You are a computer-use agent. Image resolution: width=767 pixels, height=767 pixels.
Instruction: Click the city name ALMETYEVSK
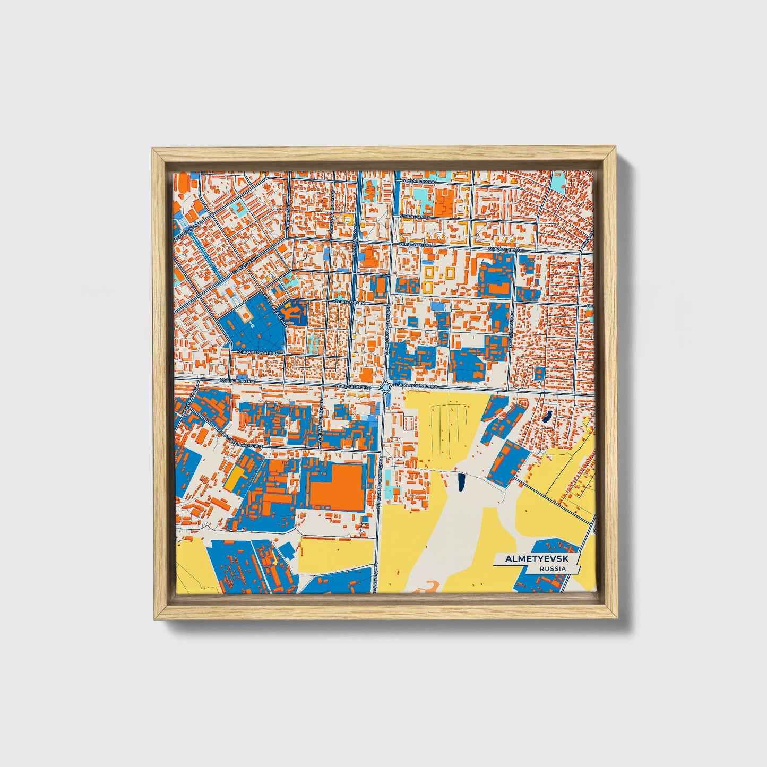click(536, 559)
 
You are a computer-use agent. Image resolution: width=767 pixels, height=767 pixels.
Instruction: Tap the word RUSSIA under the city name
click(553, 568)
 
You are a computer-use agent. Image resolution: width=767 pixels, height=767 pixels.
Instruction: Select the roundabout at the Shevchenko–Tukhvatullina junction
click(385, 387)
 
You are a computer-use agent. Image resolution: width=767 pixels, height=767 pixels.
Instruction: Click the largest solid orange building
click(337, 486)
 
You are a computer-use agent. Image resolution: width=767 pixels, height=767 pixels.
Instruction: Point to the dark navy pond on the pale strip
click(461, 482)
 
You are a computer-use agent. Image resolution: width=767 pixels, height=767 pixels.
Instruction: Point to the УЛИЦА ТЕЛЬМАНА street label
click(419, 182)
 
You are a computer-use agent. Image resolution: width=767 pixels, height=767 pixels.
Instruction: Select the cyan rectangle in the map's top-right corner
click(558, 182)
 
